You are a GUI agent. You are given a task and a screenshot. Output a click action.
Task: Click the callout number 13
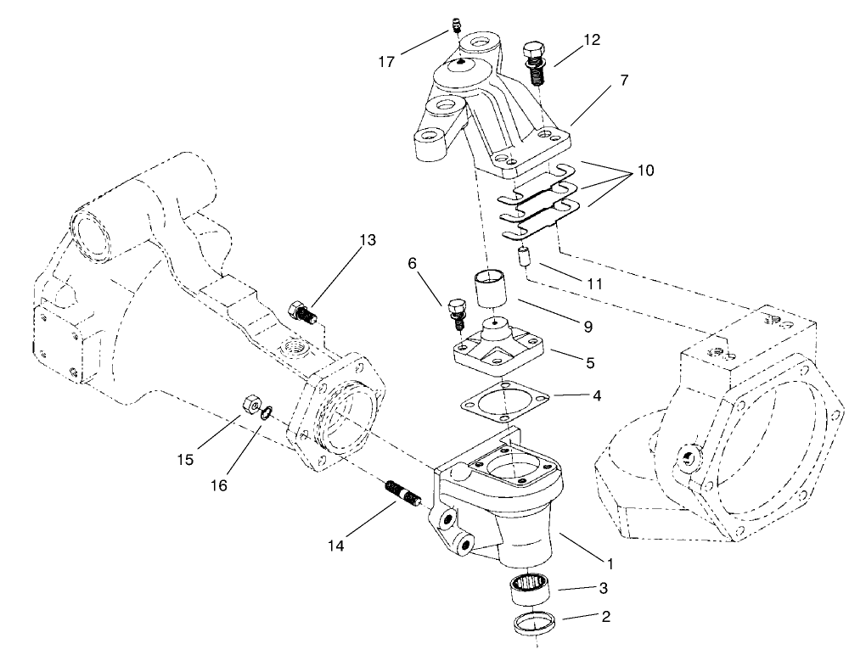366,241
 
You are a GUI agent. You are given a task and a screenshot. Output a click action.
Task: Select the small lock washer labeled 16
267,413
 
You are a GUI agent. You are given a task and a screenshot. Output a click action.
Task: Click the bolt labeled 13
303,313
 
